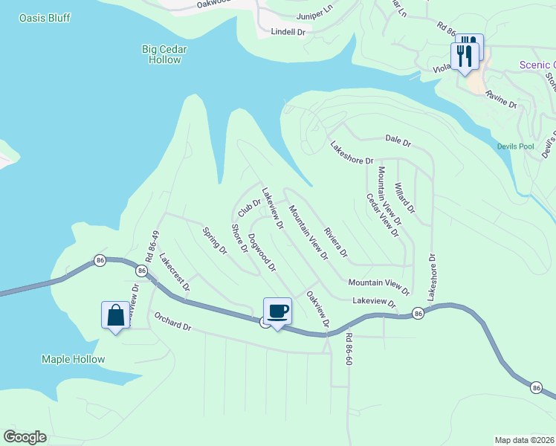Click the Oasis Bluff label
click(x=44, y=16)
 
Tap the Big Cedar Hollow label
click(x=164, y=54)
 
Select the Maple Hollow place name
click(x=73, y=359)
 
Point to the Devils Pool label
click(x=516, y=146)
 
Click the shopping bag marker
click(x=116, y=315)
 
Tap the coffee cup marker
click(x=278, y=311)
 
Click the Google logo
click(x=25, y=437)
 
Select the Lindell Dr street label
click(x=288, y=32)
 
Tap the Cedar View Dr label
click(x=383, y=215)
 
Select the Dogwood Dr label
click(x=262, y=252)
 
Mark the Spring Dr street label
click(x=215, y=241)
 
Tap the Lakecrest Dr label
click(x=175, y=272)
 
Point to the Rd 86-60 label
click(x=349, y=348)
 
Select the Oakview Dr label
click(x=317, y=310)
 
